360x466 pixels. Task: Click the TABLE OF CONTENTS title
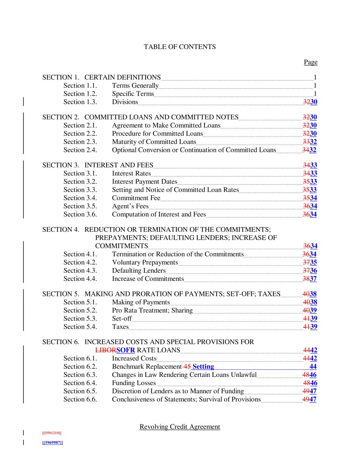[x=179, y=47]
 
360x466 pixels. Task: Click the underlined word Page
[x=311, y=62]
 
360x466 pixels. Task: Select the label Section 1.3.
[x=80, y=102]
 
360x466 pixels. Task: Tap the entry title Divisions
[x=125, y=102]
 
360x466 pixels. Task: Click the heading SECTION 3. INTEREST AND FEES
[x=98, y=165]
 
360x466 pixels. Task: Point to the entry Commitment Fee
[x=136, y=198]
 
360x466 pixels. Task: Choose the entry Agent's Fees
[x=130, y=206]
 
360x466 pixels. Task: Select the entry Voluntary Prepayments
[x=145, y=263]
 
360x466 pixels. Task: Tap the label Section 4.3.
[x=80, y=271]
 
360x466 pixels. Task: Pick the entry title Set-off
[x=122, y=319]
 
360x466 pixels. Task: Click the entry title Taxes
[x=120, y=327]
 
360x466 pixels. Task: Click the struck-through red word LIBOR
[x=105, y=350]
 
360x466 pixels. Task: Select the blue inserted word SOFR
[x=126, y=350]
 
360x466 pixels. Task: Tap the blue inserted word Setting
[x=203, y=367]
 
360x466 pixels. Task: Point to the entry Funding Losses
[x=134, y=383]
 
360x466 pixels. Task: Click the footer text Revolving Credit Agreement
[x=179, y=427]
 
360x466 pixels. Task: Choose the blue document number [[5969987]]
[x=52, y=443]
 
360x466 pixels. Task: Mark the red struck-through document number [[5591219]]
[x=52, y=433]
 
